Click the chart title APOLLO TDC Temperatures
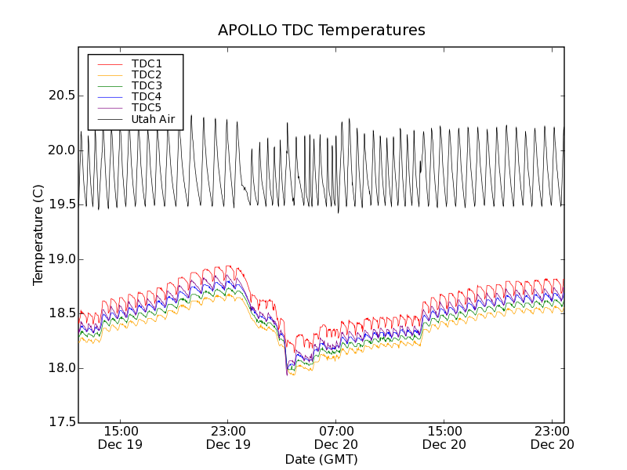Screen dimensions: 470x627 point(321,31)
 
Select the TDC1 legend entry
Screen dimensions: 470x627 point(147,63)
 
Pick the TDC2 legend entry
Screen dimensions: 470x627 point(147,74)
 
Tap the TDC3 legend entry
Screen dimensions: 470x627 point(147,85)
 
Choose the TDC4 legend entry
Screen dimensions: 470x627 point(147,96)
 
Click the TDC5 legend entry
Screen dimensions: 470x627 point(147,107)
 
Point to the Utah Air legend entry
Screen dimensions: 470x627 point(153,120)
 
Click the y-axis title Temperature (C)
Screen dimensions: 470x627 point(38,235)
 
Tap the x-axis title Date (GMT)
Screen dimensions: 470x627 point(321,459)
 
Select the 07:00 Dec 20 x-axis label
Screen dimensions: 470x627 point(337,437)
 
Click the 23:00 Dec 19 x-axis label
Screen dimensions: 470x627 point(228,437)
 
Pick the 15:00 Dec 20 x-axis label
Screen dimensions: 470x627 point(444,437)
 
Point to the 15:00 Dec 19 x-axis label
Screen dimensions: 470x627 point(120,437)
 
